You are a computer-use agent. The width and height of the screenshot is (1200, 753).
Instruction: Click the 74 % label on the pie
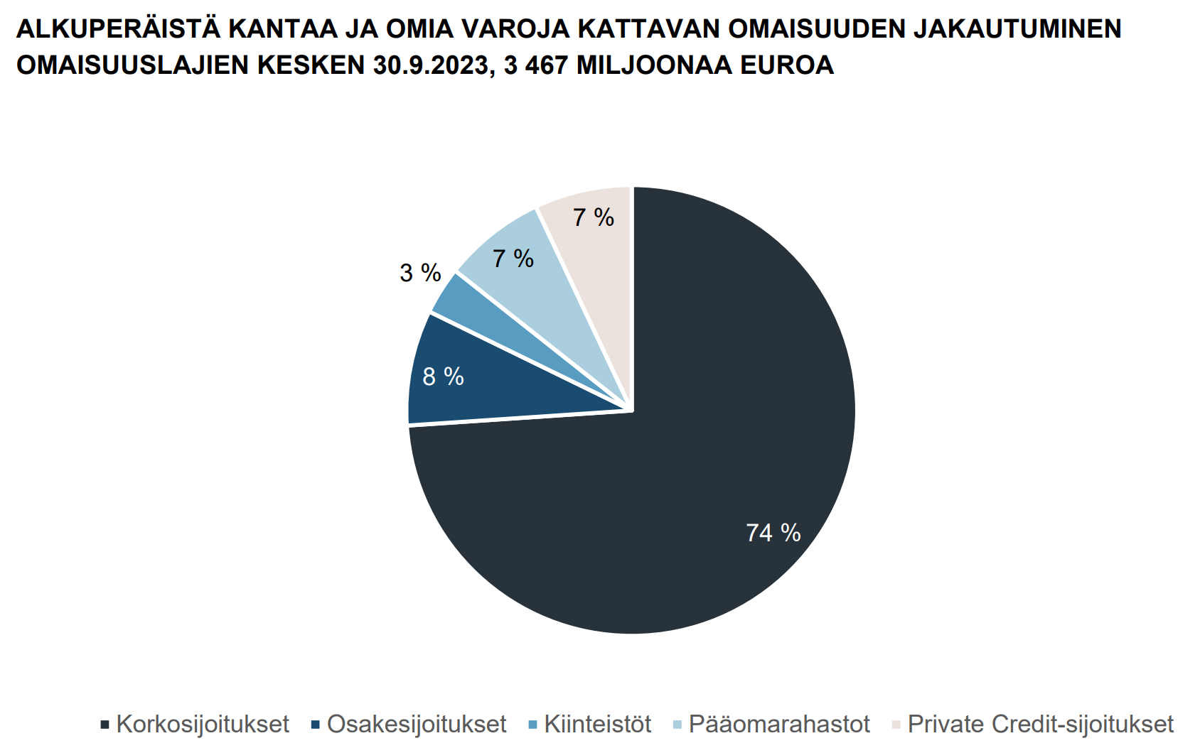[773, 533]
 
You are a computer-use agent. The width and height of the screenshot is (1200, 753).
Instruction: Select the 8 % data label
[443, 376]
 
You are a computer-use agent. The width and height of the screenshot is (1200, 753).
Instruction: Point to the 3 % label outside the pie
[421, 273]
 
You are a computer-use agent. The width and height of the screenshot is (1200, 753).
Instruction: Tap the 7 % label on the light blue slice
[513, 259]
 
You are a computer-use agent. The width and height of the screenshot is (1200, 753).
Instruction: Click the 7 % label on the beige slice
[594, 218]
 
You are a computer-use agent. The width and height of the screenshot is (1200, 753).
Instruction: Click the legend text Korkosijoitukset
[203, 725]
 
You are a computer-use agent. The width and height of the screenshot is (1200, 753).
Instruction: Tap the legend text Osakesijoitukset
[417, 725]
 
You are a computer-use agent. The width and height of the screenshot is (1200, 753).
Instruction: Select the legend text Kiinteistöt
[598, 725]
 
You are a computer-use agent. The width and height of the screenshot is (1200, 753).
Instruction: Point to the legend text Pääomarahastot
[779, 725]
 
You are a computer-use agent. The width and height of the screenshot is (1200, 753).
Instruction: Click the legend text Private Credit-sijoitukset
[1041, 725]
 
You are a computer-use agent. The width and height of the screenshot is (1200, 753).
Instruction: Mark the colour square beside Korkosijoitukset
[105, 725]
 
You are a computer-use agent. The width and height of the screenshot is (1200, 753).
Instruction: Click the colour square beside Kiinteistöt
[532, 725]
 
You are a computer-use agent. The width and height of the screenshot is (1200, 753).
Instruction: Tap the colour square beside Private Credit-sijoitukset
[896, 725]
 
